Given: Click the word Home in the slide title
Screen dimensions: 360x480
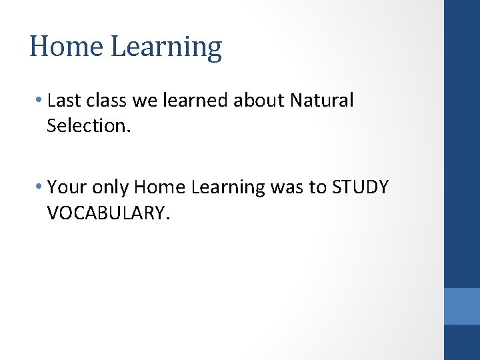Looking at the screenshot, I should [x=66, y=47].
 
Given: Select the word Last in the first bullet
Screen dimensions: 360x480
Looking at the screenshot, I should [x=63, y=101].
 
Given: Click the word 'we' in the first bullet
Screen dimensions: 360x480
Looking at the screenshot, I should [x=144, y=101].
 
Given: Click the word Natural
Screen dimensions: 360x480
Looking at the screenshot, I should [x=322, y=101].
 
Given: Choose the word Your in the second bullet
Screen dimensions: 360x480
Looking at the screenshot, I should [x=65, y=187].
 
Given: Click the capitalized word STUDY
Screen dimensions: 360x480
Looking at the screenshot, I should [x=359, y=187].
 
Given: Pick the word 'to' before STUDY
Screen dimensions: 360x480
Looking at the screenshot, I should [x=318, y=188].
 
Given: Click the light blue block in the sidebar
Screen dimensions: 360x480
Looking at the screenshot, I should [x=462, y=306].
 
